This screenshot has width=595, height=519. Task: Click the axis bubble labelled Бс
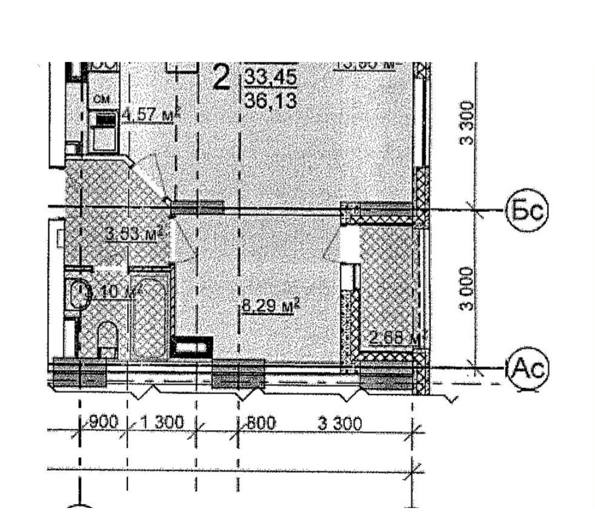coord(527,211)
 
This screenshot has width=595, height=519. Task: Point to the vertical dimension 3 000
coord(467,289)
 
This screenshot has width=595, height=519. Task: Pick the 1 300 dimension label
coord(162,423)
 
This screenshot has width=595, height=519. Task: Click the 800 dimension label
coord(259,423)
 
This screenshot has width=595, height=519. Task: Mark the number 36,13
coord(271,101)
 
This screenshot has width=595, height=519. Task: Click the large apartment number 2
coord(221,78)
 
